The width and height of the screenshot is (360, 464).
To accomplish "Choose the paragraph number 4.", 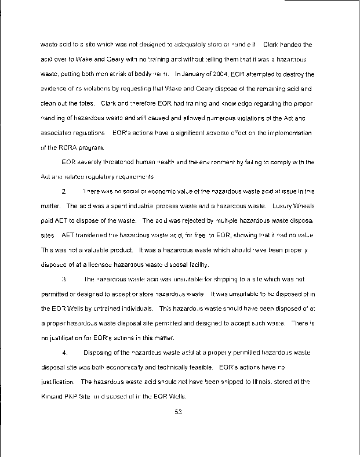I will pyautogui.click(x=64, y=352).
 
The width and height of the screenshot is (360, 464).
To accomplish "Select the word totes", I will pyautogui.click(x=88, y=103).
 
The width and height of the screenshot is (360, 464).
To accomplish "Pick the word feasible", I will pyautogui.click(x=199, y=367).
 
